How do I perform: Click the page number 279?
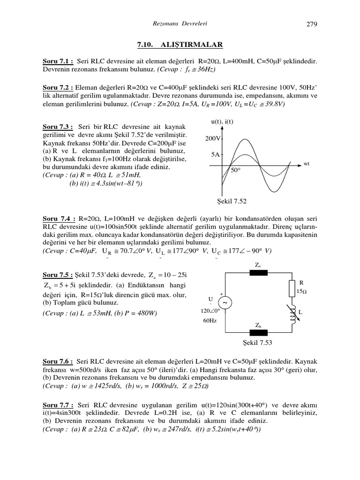[x=312, y=24]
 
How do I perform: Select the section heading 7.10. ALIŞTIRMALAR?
[x=180, y=45]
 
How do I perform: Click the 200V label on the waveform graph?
[x=213, y=139]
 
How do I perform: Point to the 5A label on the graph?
[x=215, y=154]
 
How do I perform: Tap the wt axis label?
[x=307, y=164]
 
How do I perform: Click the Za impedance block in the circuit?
[x=258, y=274]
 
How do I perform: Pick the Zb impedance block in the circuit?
[x=258, y=332]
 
